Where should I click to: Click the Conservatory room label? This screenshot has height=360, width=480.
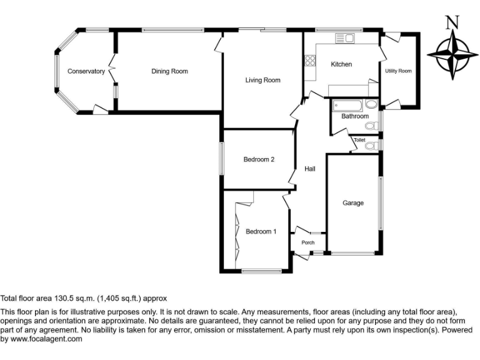point(86,71)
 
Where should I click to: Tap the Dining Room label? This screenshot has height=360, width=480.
point(169,71)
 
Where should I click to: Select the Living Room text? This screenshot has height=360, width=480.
point(262,80)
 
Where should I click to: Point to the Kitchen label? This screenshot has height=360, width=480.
point(341,64)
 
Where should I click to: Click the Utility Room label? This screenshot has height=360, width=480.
point(399,71)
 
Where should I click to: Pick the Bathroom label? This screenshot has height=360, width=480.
point(354,116)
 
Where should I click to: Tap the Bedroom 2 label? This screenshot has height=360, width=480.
point(259,159)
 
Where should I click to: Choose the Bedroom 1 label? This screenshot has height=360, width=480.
point(261,232)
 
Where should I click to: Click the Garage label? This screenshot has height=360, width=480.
point(352,202)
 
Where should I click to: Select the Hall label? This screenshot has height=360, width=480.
point(310,169)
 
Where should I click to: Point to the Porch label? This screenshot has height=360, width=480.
point(307,242)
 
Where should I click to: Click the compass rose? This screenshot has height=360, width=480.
point(452,54)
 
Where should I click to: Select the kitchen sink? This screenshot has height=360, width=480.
point(344,39)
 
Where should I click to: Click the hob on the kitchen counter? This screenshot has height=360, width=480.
point(309,61)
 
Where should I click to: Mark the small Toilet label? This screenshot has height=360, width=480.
point(359,140)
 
